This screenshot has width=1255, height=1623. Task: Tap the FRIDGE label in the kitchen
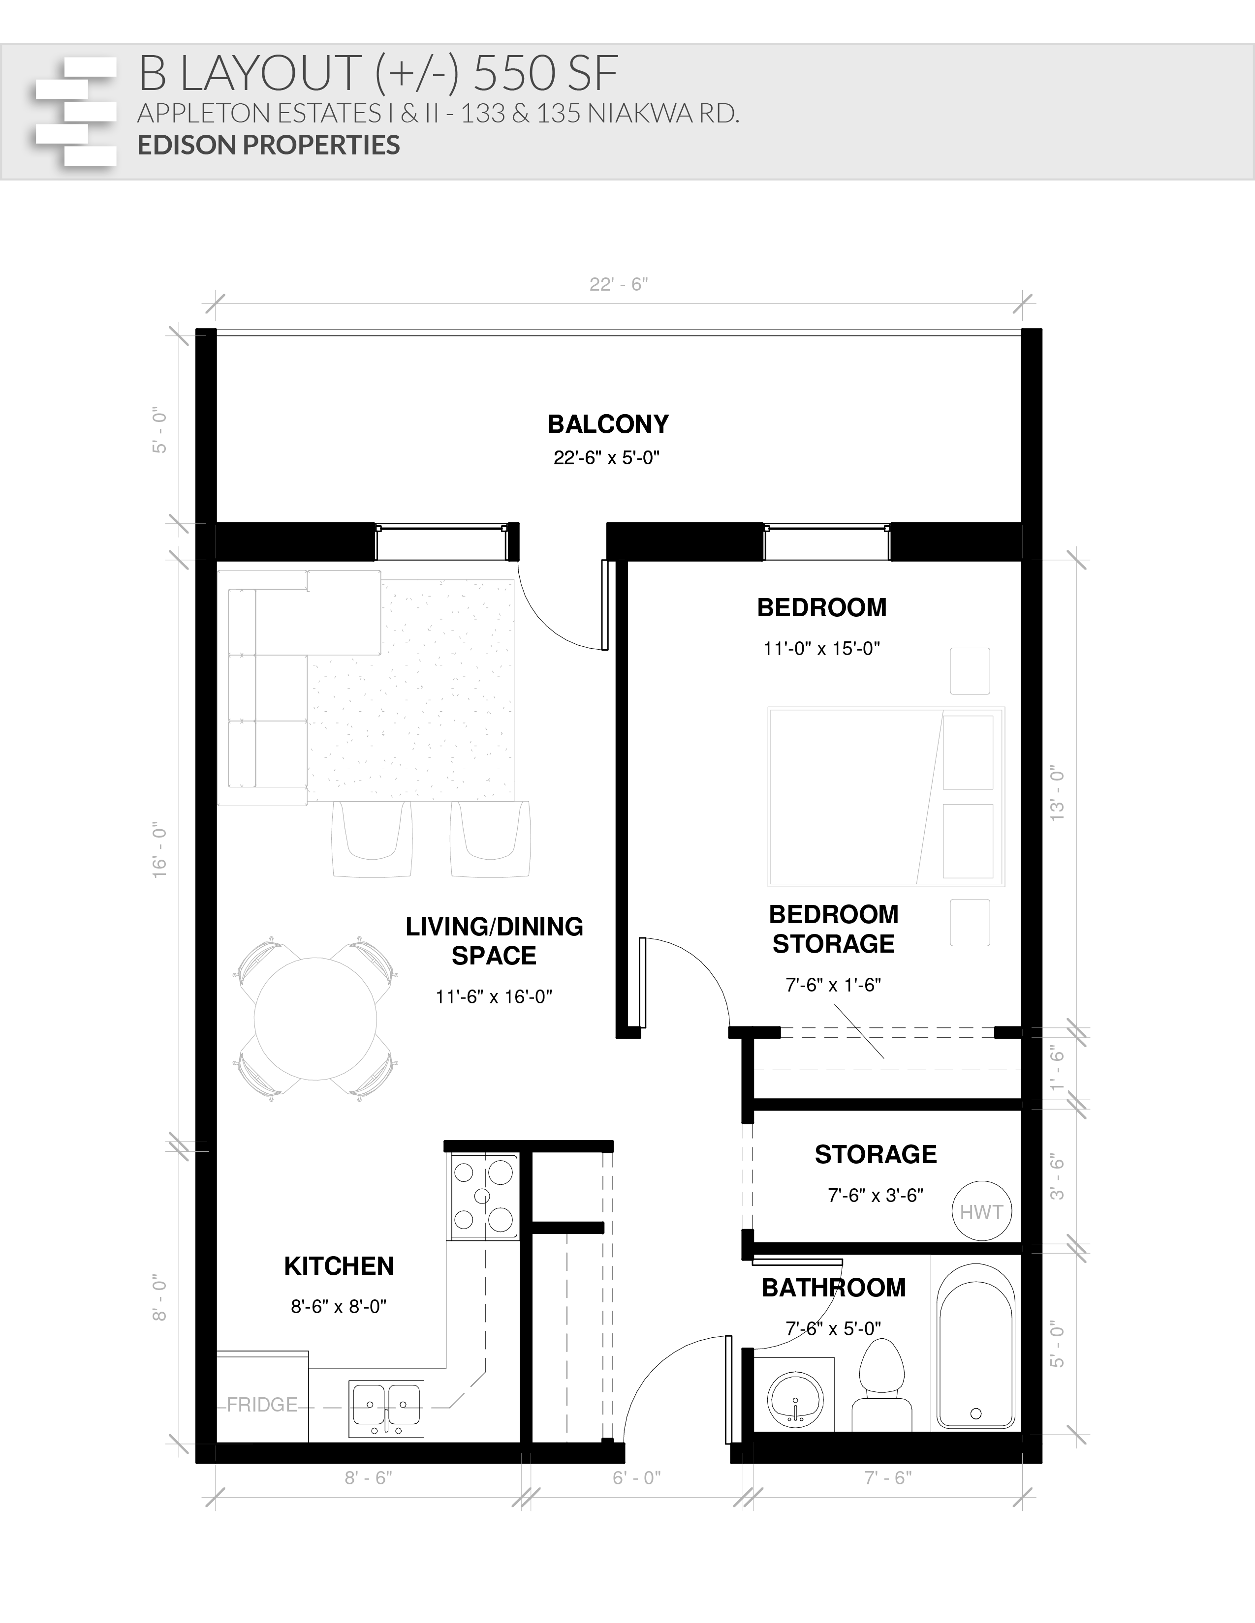coord(262,1405)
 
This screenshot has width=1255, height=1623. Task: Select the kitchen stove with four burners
coord(482,1197)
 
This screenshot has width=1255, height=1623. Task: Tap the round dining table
coord(315,1018)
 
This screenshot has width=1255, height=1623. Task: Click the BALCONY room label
coord(608,424)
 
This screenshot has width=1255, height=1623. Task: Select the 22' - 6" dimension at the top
coord(619,285)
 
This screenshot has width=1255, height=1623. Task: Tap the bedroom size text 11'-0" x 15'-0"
coord(821,649)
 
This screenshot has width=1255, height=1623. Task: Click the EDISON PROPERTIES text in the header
coord(268,145)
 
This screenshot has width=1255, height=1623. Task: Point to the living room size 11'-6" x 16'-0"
coord(494,996)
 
